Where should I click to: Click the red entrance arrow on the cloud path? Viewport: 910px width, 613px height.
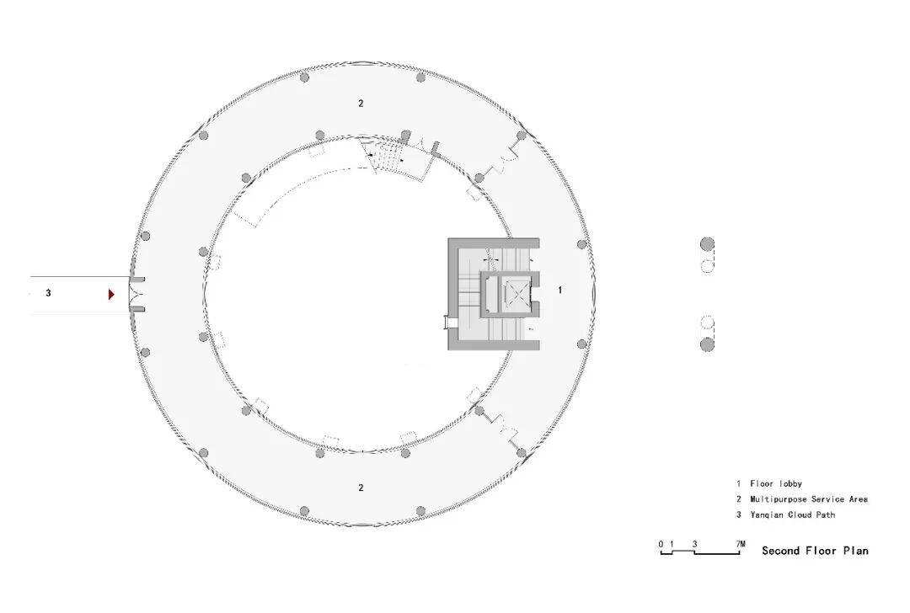pos(111,295)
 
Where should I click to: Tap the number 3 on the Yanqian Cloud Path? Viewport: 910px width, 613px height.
pos(48,294)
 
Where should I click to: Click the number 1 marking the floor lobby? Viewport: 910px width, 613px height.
pos(560,290)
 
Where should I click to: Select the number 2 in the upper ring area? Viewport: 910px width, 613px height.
pos(361,104)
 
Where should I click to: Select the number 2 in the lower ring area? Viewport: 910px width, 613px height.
pos(361,488)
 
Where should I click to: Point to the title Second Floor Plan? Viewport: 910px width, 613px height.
pos(815,551)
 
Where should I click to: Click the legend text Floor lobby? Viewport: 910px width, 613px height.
pos(776,483)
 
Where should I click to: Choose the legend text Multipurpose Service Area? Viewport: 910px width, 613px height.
pos(809,498)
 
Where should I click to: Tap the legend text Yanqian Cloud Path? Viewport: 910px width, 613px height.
pos(792,514)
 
